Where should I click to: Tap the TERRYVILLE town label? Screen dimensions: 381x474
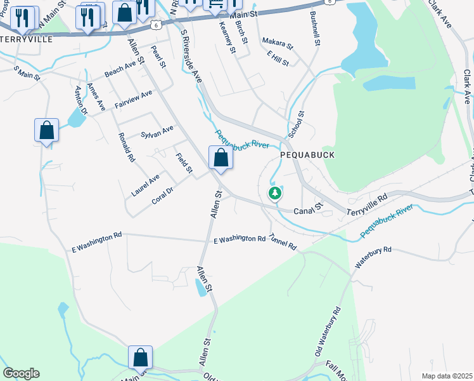26,38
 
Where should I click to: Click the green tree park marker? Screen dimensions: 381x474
274,193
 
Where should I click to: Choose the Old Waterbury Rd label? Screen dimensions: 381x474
328,331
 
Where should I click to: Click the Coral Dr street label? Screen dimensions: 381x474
163,194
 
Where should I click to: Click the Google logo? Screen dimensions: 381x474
21,373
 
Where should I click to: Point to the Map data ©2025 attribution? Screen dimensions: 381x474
446,376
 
